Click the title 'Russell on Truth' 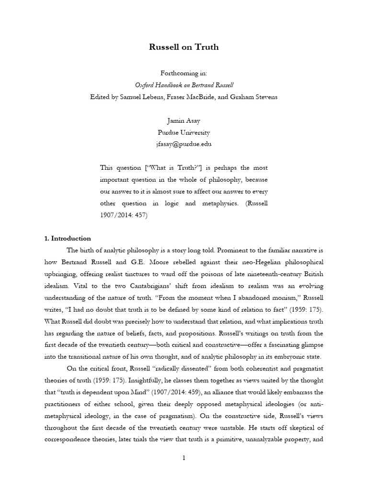(184, 47)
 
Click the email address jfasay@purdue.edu (184, 144)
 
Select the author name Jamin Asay (184, 121)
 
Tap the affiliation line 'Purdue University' (184, 132)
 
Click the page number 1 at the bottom (184, 458)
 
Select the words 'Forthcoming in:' (184, 74)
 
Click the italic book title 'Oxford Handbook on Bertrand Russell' (184, 85)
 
